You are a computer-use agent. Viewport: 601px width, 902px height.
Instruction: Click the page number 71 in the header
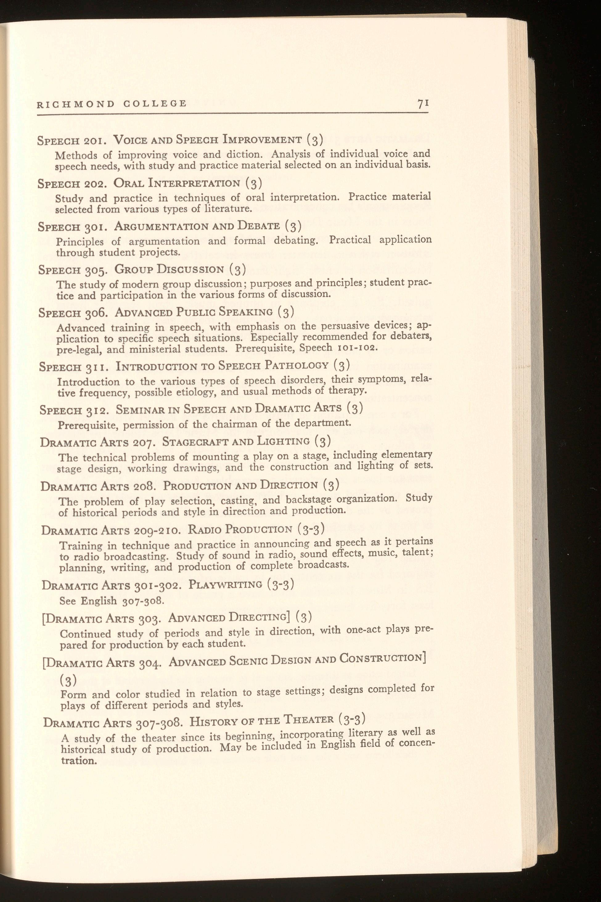[x=423, y=104]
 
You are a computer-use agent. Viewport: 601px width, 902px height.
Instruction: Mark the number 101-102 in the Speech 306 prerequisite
[x=357, y=348]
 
